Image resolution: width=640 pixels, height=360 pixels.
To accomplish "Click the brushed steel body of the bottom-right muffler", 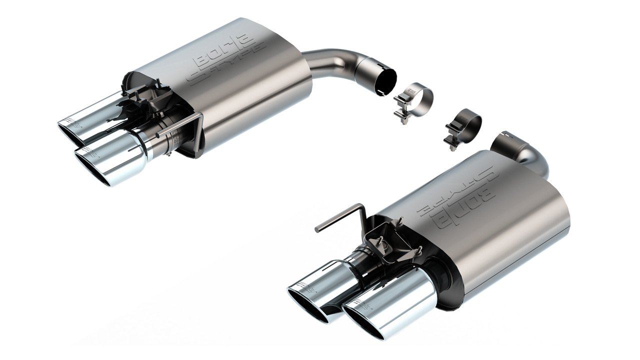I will click(505, 225).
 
